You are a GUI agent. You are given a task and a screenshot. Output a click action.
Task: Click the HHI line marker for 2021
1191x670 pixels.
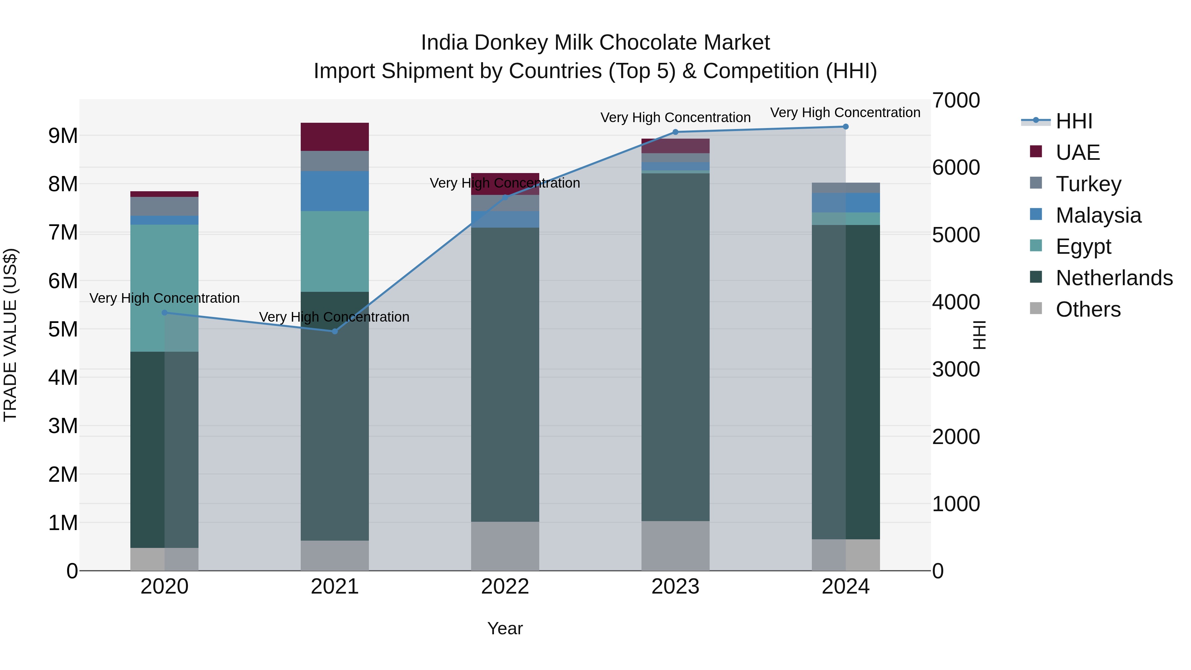tap(335, 331)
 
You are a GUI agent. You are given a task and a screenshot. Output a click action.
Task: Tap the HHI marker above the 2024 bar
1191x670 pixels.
tap(846, 127)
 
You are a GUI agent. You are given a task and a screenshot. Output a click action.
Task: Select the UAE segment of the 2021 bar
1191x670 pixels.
tap(335, 137)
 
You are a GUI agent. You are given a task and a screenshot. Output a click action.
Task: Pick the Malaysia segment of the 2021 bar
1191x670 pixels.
tap(335, 191)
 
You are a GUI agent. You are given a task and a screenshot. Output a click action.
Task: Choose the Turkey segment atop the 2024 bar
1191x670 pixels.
tap(846, 188)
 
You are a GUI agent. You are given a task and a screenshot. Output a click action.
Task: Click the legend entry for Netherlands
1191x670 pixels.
tap(1114, 278)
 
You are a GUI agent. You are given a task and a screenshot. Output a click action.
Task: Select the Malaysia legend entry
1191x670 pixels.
tap(1098, 215)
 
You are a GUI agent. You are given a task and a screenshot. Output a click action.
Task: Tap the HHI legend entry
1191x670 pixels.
tap(1074, 121)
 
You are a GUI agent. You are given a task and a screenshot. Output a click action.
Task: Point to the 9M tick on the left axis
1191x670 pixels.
tap(63, 136)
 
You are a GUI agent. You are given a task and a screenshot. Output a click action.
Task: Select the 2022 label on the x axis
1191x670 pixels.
tap(505, 587)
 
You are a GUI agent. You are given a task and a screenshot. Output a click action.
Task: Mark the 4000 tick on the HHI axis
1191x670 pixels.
tap(956, 302)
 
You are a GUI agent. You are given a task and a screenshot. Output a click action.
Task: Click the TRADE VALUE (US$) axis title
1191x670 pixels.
tap(10, 335)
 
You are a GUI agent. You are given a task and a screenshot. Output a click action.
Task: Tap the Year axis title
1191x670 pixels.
tap(505, 628)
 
